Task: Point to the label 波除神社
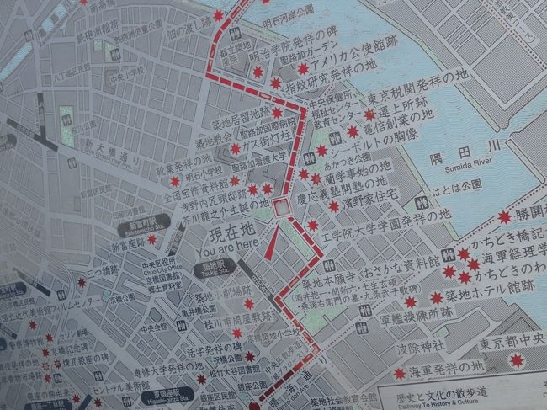[x=426, y=346]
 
